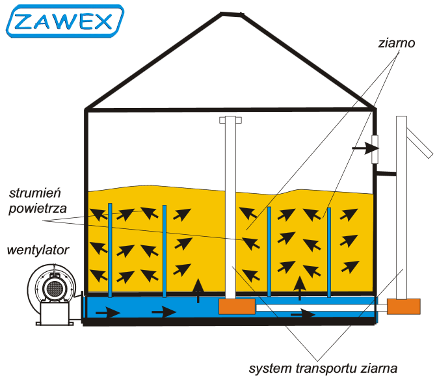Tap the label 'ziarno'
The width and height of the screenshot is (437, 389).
(396, 45)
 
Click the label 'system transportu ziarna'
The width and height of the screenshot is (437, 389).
(323, 369)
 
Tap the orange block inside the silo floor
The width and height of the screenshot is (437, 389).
(237, 306)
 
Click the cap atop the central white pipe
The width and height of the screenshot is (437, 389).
(230, 120)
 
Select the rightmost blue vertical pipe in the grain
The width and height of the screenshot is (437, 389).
(330, 250)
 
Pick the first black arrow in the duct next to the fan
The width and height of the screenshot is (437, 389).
(108, 313)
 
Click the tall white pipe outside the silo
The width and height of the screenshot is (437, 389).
(402, 208)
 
